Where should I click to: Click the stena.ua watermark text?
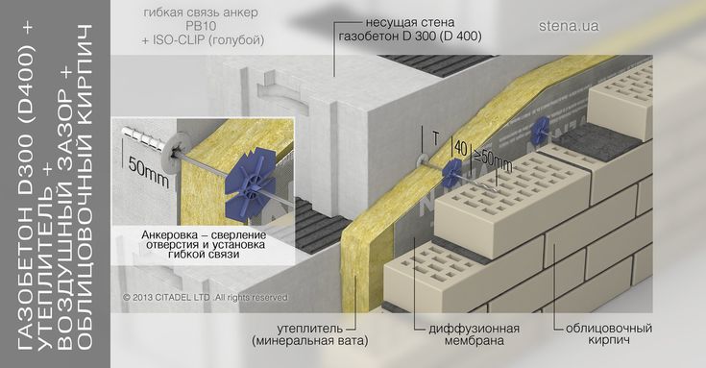coord(569,26)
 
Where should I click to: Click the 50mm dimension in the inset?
coord(148,172)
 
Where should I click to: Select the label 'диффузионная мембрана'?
coord(474,334)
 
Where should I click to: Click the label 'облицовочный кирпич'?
coord(609,333)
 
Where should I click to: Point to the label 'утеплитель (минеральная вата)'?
coord(309,334)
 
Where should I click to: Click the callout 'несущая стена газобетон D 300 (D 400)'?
coord(410,29)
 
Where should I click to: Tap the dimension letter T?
coord(435,139)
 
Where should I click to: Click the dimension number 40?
coord(461,148)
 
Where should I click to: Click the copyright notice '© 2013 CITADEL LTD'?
coord(166,297)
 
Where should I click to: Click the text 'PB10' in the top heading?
coord(201,26)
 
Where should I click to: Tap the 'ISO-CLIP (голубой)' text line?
coord(203,40)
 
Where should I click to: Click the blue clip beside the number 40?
coord(451,174)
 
